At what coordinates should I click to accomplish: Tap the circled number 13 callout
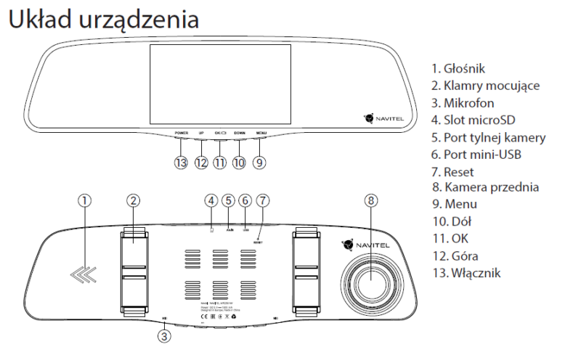click(181, 163)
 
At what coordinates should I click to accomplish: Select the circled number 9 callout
click(259, 163)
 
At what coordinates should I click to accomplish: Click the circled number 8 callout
click(372, 201)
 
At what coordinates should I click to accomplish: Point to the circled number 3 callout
click(165, 335)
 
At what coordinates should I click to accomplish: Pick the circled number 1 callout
click(85, 201)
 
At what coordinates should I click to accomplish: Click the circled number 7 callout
click(263, 201)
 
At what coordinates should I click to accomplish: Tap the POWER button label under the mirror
click(182, 134)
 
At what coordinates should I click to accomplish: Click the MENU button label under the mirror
click(261, 134)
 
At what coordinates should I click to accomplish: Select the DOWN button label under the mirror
click(240, 134)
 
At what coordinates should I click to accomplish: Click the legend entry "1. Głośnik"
click(458, 68)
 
